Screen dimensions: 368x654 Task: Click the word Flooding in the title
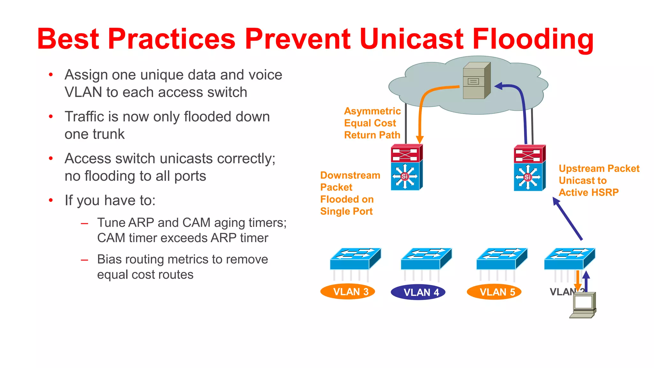coord(532,39)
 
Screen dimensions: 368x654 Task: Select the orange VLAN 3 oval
coord(347,291)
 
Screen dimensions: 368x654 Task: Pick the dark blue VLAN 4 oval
coord(418,292)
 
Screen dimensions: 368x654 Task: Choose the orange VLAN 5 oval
coord(494,292)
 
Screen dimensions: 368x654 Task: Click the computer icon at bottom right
coord(583,305)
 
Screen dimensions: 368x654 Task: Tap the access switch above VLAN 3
coord(355,258)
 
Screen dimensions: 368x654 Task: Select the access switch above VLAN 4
coord(426,258)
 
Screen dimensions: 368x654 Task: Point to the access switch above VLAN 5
coord(502,258)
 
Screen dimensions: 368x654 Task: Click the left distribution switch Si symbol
coord(405,176)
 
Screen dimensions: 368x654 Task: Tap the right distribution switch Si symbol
coord(528,177)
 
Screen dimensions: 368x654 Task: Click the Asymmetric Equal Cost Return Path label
coord(372,123)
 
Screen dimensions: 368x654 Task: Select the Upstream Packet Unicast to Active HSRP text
coord(598,180)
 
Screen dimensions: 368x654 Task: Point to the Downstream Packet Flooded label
coord(349,193)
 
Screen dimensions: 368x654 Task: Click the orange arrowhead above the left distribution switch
coord(420,140)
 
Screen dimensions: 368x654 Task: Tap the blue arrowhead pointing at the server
coord(499,86)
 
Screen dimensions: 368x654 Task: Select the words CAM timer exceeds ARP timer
coord(182,238)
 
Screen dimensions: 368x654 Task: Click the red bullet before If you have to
coord(51,201)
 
